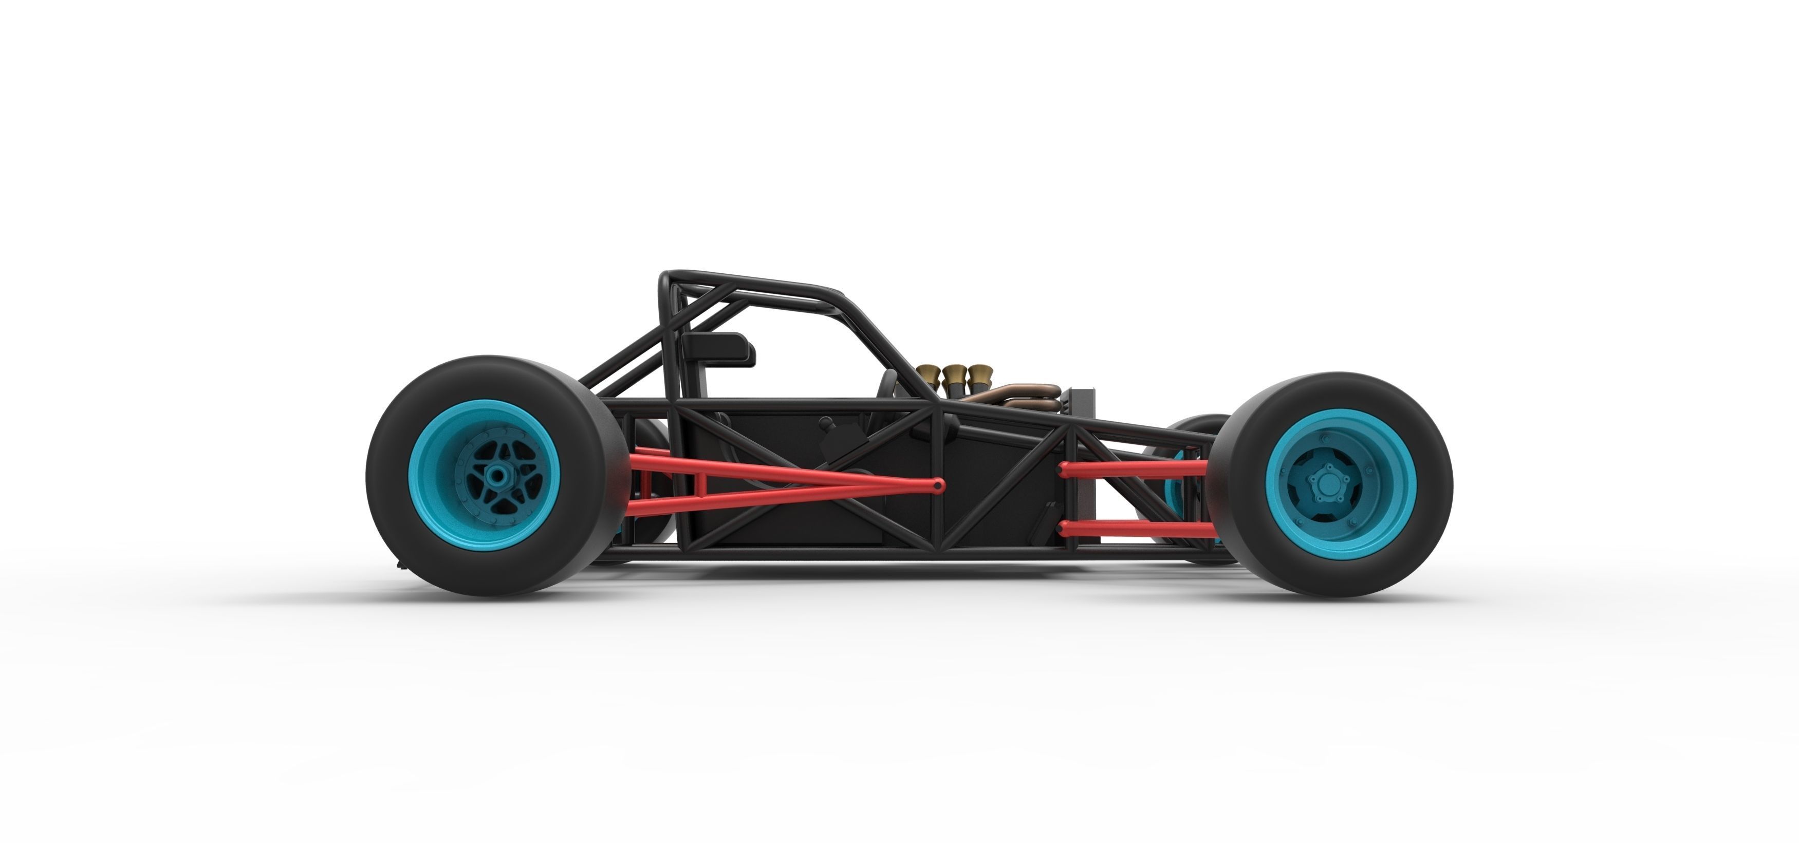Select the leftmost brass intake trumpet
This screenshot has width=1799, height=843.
click(930, 372)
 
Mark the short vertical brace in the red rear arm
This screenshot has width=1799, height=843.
click(643, 480)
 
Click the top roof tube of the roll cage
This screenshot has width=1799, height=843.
click(754, 281)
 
